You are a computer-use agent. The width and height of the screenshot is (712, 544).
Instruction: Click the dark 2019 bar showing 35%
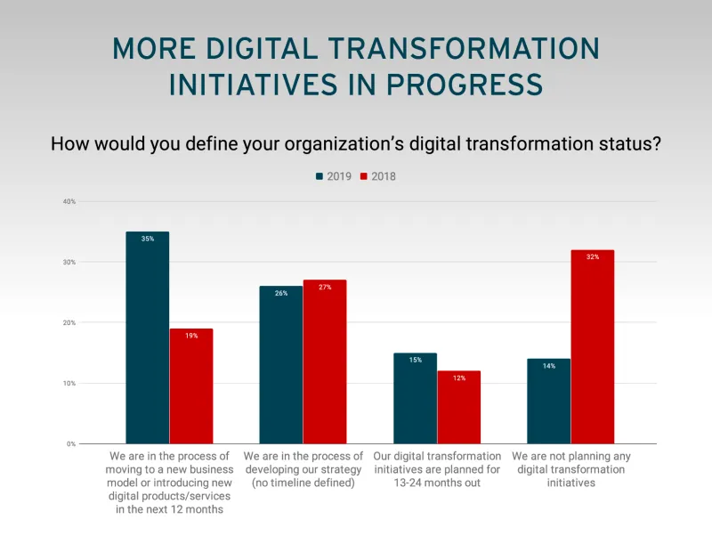coord(147,337)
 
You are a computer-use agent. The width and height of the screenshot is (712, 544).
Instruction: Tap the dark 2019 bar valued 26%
coord(280,364)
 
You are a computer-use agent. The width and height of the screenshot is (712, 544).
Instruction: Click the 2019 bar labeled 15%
coord(415,398)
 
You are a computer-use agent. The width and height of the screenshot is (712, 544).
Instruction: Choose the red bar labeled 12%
coord(458,407)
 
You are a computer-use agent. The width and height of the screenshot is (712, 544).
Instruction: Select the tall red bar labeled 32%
coord(593,346)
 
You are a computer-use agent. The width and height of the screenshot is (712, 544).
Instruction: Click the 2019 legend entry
coord(334,176)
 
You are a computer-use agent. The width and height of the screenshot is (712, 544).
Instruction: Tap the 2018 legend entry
coord(377,176)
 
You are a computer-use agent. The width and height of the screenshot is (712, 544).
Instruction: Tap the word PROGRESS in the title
coord(456,84)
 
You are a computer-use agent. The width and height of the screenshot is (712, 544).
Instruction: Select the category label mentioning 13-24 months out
coord(437,469)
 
